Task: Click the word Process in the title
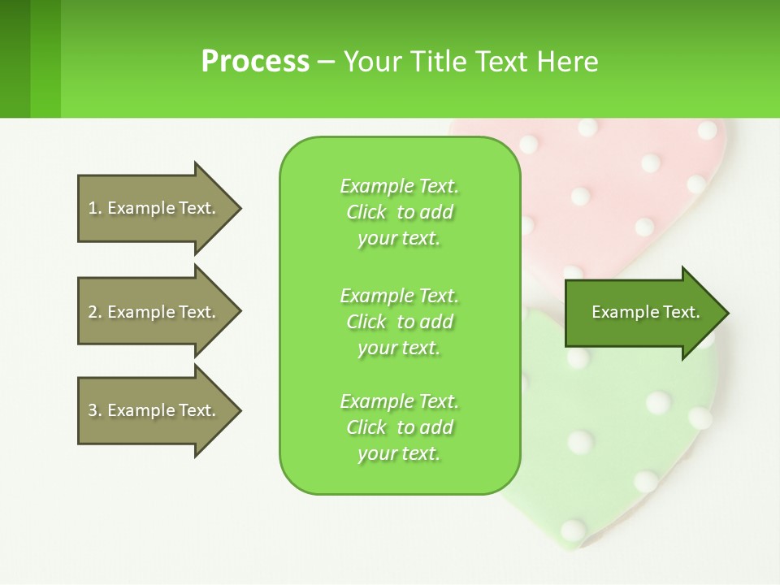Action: pyautogui.click(x=255, y=62)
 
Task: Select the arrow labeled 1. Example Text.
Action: pyautogui.click(x=154, y=208)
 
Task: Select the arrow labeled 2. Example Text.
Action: pyautogui.click(x=154, y=312)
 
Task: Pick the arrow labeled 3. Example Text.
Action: pyautogui.click(x=154, y=410)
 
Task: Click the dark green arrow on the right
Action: pyautogui.click(x=642, y=312)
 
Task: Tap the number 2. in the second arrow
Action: pyautogui.click(x=94, y=312)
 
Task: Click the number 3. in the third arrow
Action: pyautogui.click(x=94, y=410)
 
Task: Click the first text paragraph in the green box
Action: pyautogui.click(x=399, y=212)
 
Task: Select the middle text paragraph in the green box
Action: pyautogui.click(x=399, y=322)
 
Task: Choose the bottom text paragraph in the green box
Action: pyautogui.click(x=399, y=427)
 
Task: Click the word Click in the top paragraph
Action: pyautogui.click(x=366, y=212)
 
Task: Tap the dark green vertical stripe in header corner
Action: pyautogui.click(x=15, y=58)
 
